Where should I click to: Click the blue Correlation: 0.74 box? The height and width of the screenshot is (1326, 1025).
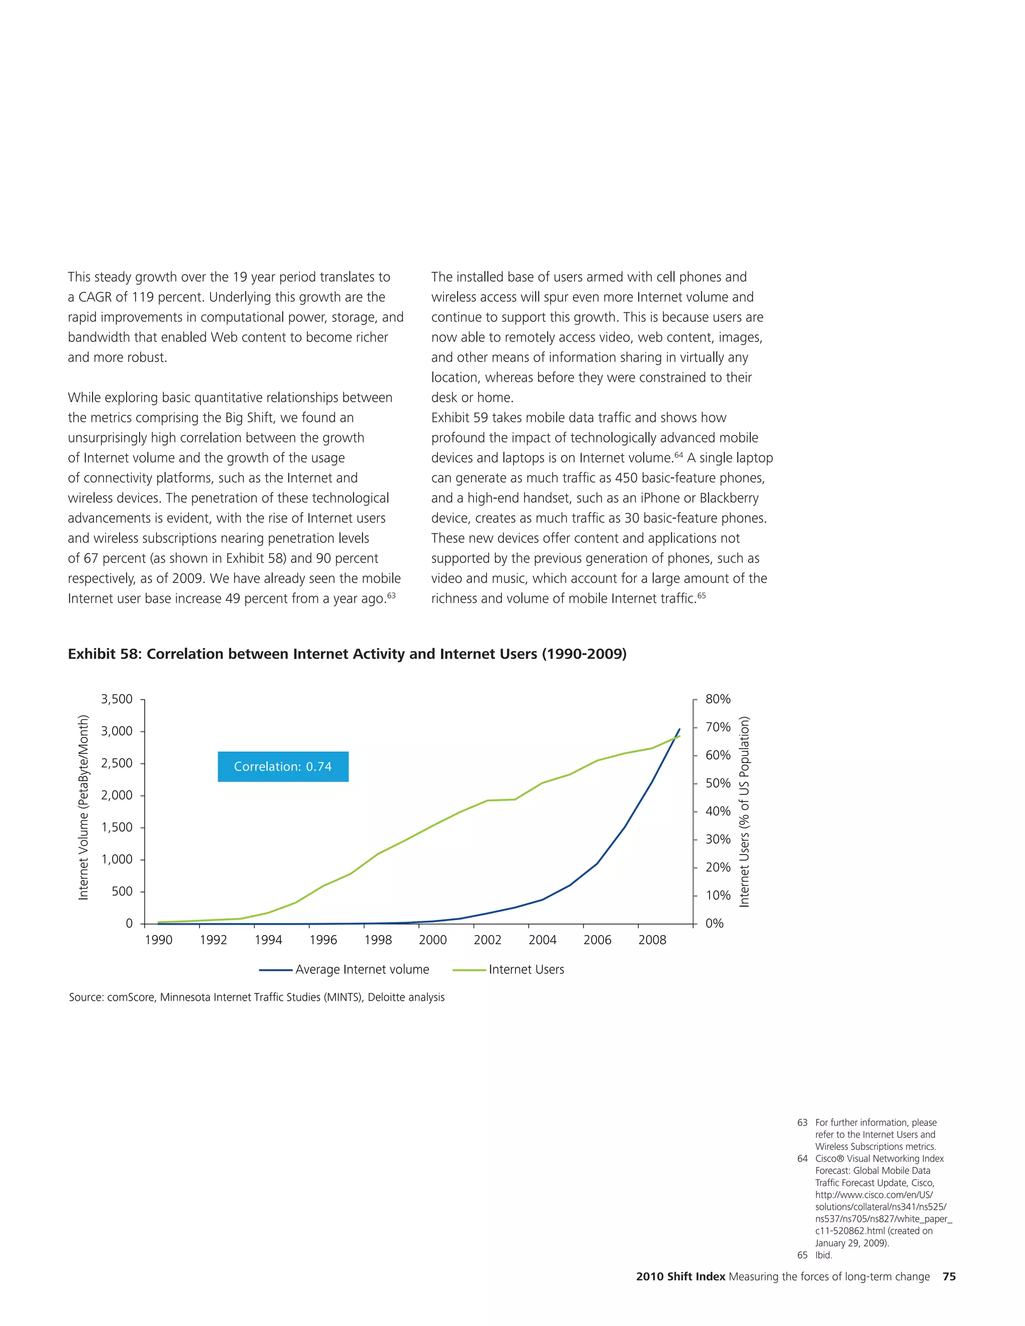pyautogui.click(x=283, y=766)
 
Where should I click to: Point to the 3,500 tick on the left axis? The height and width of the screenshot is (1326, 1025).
pyautogui.click(x=117, y=699)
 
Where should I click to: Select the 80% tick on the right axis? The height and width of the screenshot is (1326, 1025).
pyautogui.click(x=718, y=699)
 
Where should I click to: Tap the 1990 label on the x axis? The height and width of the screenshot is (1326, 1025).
pyautogui.click(x=159, y=940)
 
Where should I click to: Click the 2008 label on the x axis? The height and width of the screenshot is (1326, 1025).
pyautogui.click(x=652, y=940)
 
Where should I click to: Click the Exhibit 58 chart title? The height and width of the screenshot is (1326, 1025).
pyautogui.click(x=347, y=654)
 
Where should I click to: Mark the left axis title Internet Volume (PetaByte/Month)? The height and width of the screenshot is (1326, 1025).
pyautogui.click(x=83, y=808)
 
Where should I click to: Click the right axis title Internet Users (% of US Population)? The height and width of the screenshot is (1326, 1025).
pyautogui.click(x=744, y=812)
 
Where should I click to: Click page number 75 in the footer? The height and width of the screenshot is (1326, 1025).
pyautogui.click(x=949, y=1276)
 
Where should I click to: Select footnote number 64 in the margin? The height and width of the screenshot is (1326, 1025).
pyautogui.click(x=802, y=1158)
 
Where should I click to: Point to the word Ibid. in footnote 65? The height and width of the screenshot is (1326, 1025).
pyautogui.click(x=823, y=1255)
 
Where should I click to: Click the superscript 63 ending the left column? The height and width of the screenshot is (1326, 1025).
pyautogui.click(x=392, y=595)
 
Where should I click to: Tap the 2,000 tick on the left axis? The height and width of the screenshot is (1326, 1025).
pyautogui.click(x=117, y=796)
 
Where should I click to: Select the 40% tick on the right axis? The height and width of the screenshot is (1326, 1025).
pyautogui.click(x=718, y=811)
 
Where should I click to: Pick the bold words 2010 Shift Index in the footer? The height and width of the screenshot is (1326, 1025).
pyautogui.click(x=680, y=1276)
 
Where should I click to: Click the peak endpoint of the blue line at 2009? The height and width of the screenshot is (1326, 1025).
pyautogui.click(x=679, y=729)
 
